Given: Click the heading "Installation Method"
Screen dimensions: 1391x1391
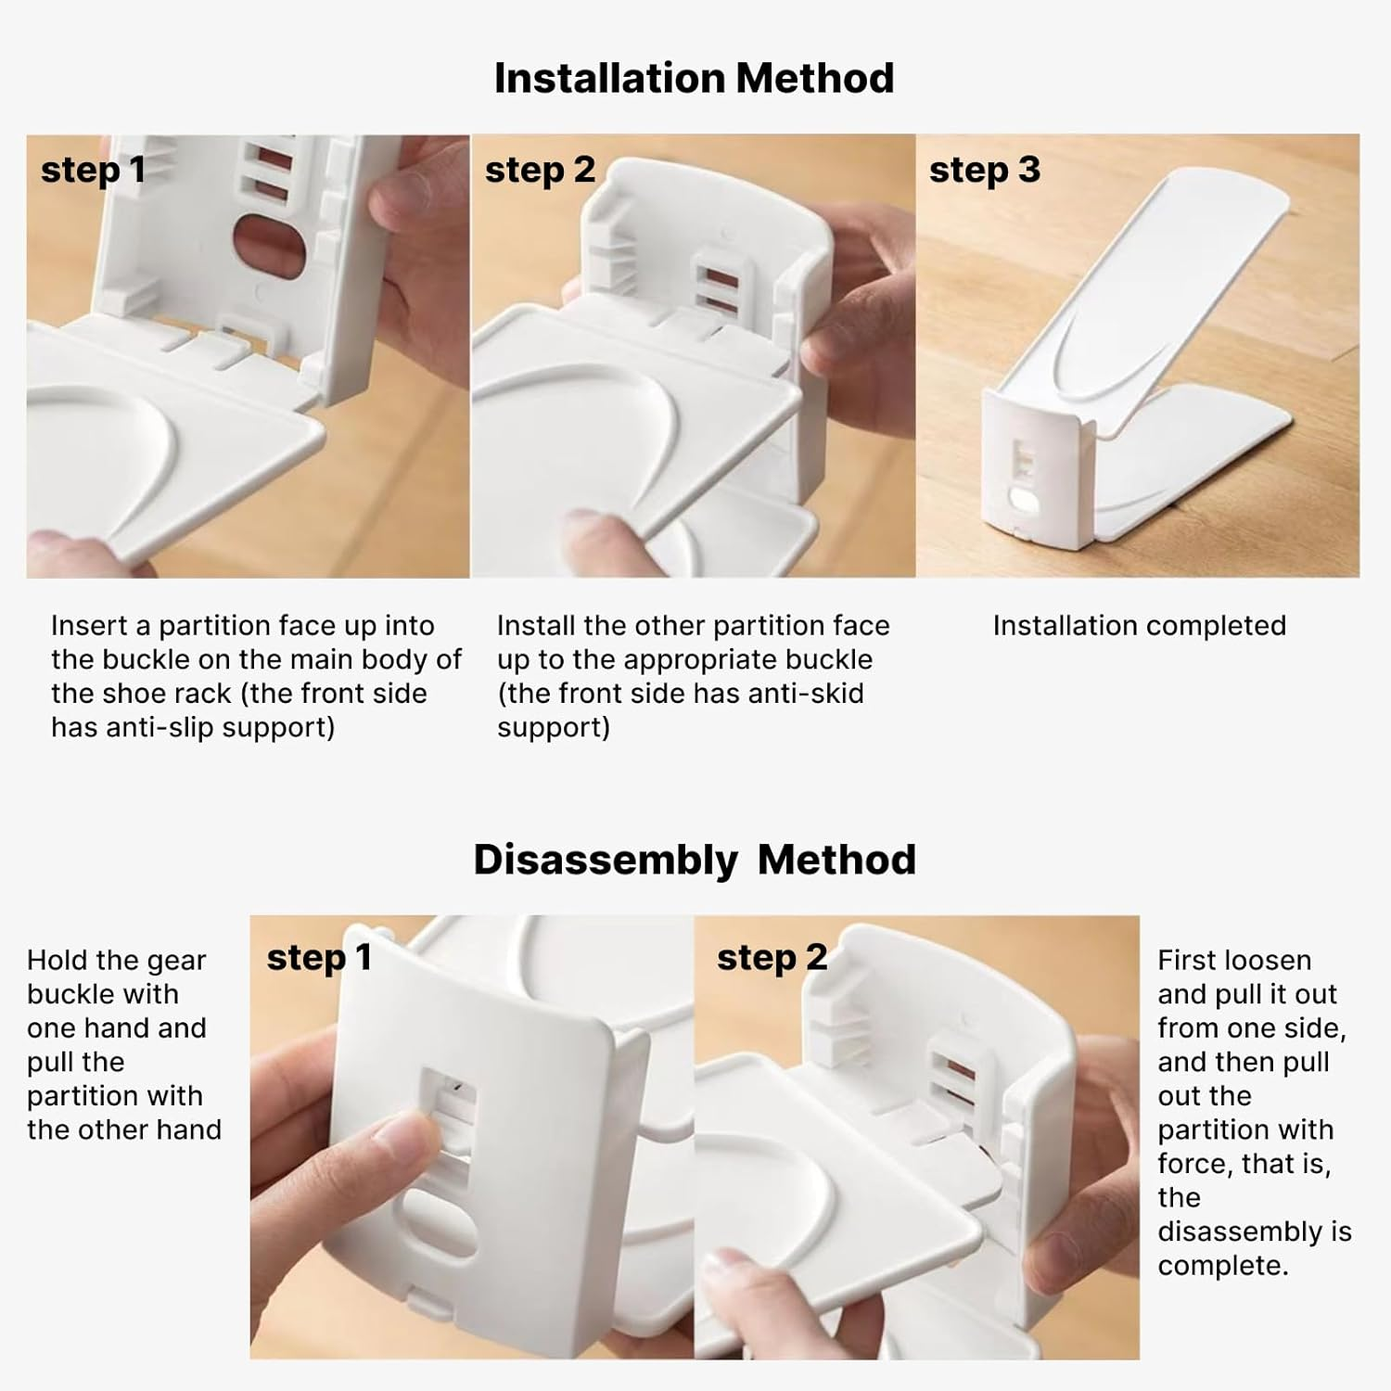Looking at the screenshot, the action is (694, 78).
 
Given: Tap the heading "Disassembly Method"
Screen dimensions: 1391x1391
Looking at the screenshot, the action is (695, 860).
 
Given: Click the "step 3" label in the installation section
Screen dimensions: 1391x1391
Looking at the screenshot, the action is (985, 170).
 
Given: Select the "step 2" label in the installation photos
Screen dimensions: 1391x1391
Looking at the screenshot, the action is (540, 170).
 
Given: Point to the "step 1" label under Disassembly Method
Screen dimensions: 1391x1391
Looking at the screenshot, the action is (319, 957).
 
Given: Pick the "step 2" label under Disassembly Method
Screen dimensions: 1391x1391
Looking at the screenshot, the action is (772, 957).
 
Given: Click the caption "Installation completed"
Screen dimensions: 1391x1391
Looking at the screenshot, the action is (1140, 626).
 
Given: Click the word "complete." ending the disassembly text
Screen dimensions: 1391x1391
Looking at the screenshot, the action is (1223, 1266).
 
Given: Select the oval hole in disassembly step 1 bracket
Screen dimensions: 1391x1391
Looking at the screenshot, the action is (440, 1220).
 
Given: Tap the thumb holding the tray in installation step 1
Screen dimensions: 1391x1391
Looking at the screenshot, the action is (70, 552).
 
